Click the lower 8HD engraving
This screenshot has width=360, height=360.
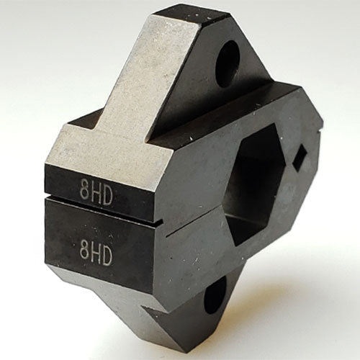(96, 254)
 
